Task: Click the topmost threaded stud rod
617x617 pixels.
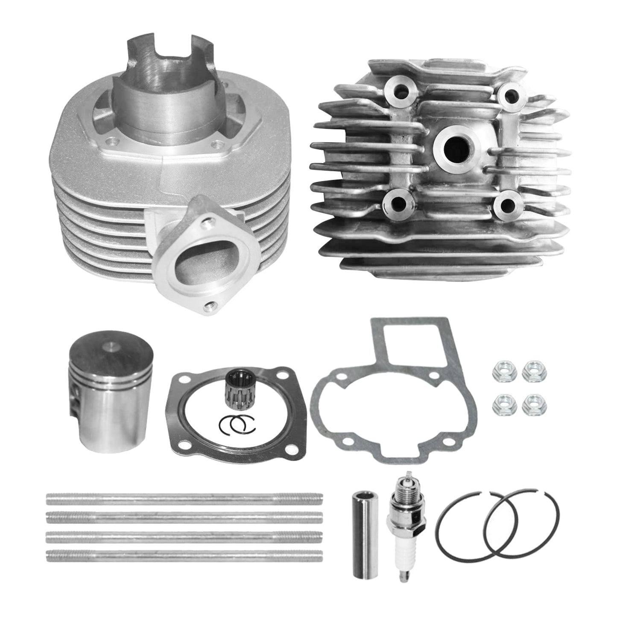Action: [x=184, y=497]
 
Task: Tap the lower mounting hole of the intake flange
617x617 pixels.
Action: [x=209, y=305]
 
